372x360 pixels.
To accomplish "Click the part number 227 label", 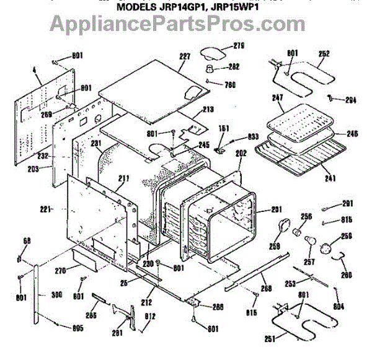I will (184, 56).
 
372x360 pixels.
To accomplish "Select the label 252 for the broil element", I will (324, 54).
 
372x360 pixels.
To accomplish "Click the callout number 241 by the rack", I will (330, 179).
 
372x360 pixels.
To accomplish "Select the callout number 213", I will (208, 109).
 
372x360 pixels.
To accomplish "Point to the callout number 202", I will (241, 152).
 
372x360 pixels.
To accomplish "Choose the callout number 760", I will (231, 85).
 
